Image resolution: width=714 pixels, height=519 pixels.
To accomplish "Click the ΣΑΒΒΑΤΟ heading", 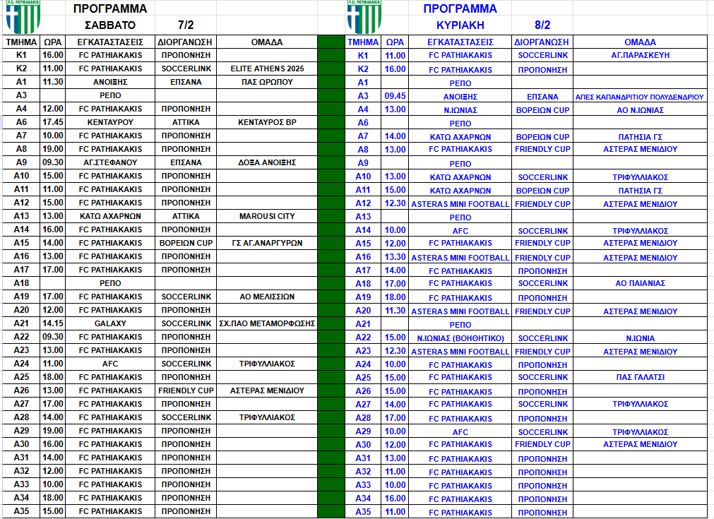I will pos(110,25).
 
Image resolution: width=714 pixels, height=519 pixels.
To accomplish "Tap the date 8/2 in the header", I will pos(542,25).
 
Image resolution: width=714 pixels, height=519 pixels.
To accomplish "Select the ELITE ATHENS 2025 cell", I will pos(267,68).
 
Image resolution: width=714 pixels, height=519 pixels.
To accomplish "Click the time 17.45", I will pos(52,122).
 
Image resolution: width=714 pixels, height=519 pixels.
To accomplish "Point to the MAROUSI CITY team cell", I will pos(267,216).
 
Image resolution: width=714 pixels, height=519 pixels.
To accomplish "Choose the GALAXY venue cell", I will pos(110,323).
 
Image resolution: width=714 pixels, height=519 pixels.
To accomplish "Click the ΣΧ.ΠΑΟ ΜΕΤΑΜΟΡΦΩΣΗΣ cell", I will pos(267,323).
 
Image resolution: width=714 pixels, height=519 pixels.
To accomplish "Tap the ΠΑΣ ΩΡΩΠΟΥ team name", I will pos(267,82).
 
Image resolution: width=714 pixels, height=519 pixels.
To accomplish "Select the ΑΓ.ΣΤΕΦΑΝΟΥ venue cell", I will pos(110,162).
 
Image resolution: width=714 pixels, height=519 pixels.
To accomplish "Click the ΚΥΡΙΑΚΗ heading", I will pos(460,25).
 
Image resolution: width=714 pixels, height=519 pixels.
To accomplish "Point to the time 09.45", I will pos(395,96).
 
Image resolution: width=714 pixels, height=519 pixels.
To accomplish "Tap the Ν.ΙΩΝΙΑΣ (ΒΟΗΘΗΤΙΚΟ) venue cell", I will pos(460,338).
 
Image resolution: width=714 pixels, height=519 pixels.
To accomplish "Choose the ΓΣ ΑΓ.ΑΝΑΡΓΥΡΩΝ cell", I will pos(267,243).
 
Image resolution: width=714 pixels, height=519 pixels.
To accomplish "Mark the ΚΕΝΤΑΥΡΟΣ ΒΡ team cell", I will pos(267,122).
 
